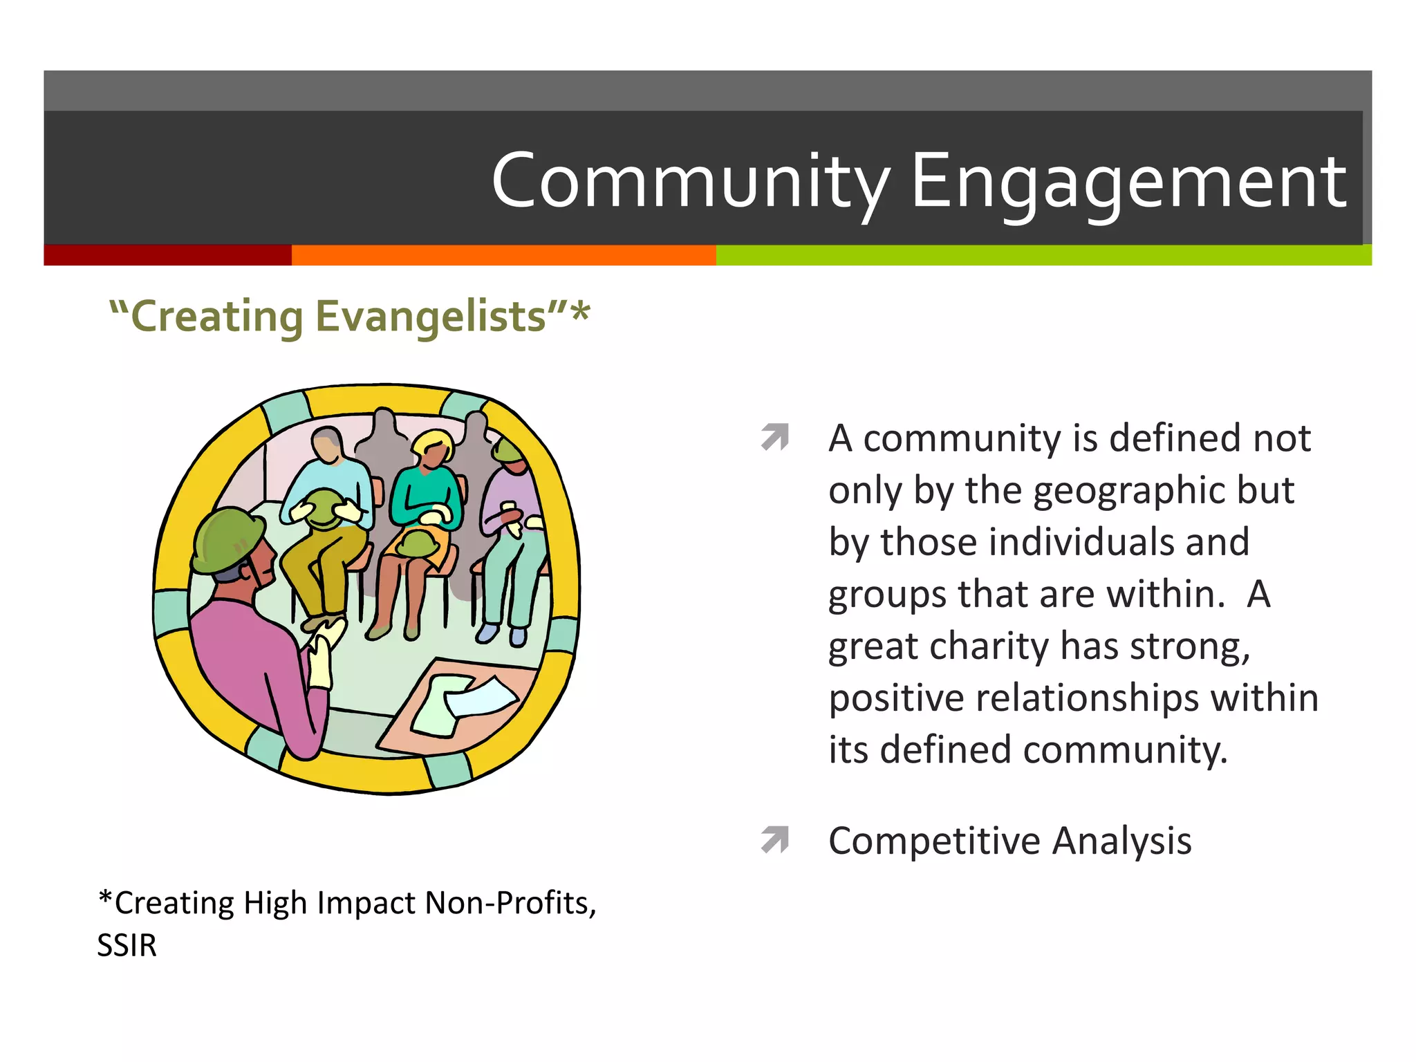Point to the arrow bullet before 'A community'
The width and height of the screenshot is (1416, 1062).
pos(775,437)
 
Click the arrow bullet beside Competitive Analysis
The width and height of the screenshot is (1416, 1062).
pos(775,839)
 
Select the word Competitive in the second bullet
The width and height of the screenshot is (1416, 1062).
pos(934,841)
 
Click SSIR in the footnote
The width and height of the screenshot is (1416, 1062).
pos(127,945)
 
